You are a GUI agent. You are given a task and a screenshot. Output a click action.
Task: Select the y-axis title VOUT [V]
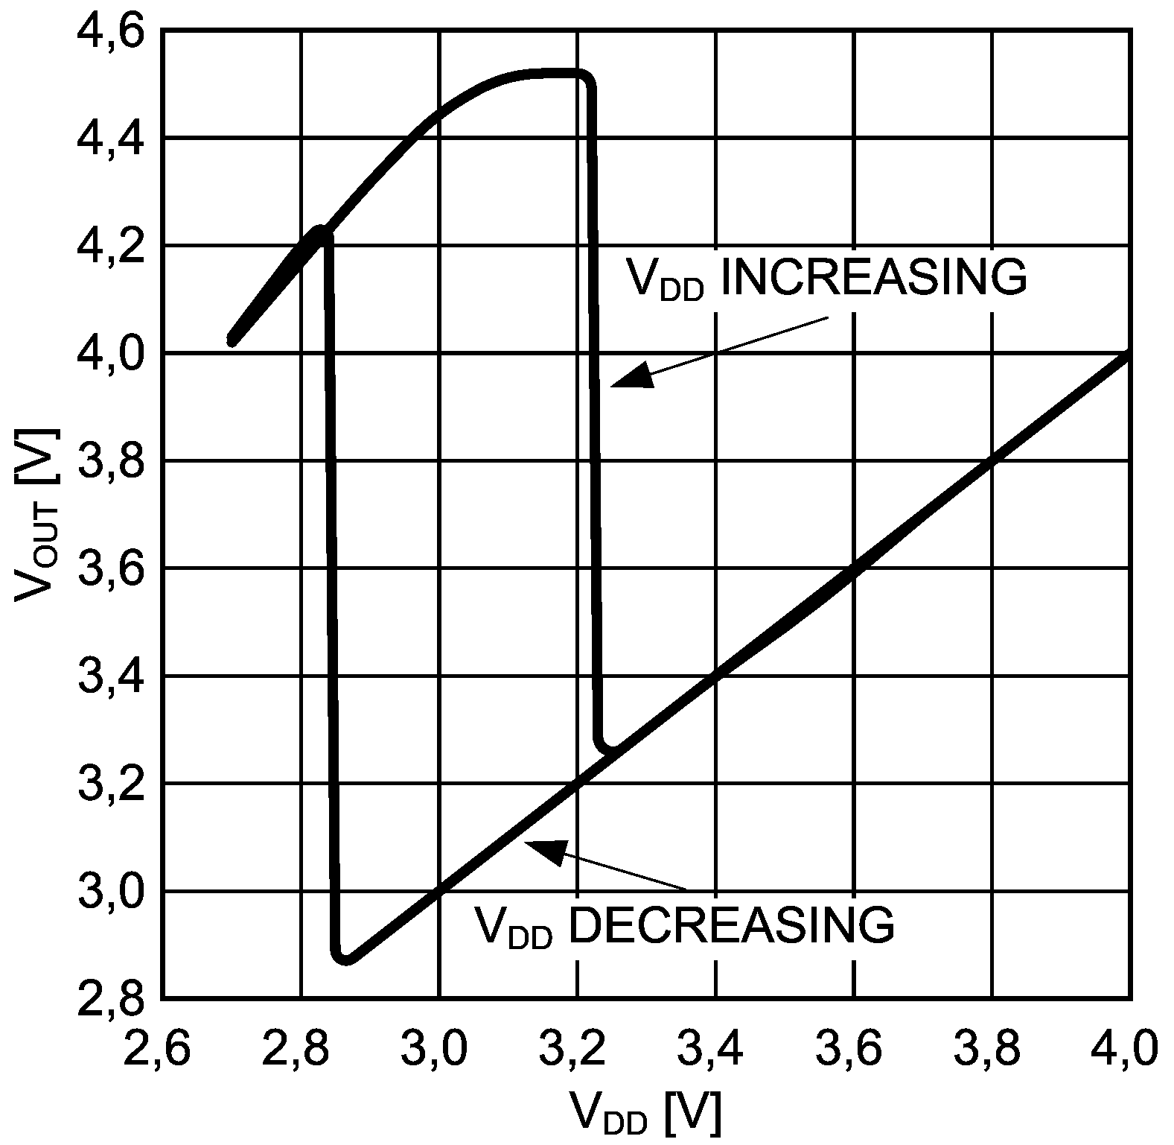[x=37, y=514]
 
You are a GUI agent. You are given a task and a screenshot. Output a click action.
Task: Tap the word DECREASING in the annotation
[x=733, y=924]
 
